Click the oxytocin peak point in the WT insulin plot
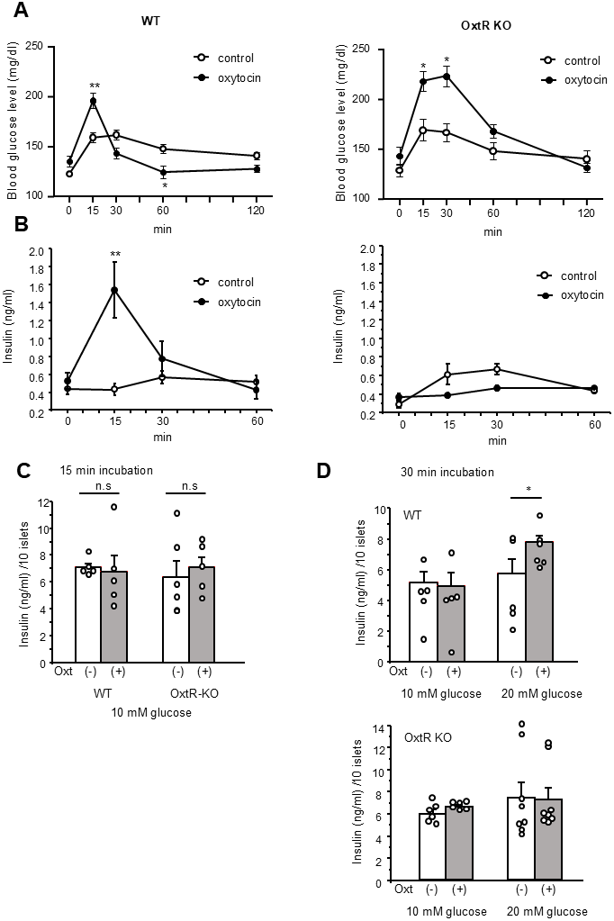tap(114, 290)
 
